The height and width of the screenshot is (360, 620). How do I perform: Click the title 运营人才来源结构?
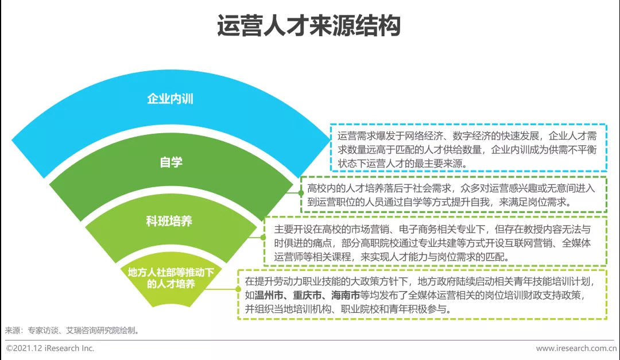[x=309, y=26]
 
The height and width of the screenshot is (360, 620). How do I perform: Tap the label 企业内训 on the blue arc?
[x=170, y=99]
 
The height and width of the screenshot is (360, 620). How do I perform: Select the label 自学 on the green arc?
[x=171, y=162]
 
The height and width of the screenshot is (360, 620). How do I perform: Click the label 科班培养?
[x=169, y=220]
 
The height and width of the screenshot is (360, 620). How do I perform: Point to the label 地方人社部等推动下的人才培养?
[x=171, y=278]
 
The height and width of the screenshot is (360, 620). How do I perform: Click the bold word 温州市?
[x=269, y=295]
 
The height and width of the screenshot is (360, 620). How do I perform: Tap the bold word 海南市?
[x=346, y=295]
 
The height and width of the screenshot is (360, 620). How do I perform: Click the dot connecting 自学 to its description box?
[x=301, y=193]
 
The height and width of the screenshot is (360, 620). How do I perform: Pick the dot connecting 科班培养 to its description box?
[x=263, y=237]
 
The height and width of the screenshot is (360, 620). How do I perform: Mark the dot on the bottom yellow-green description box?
[x=238, y=289]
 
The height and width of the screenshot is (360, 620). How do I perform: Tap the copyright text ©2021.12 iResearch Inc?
[x=50, y=348]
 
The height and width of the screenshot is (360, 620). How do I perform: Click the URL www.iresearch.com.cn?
[x=576, y=349]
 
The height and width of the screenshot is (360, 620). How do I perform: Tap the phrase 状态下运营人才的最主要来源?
[x=400, y=164]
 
